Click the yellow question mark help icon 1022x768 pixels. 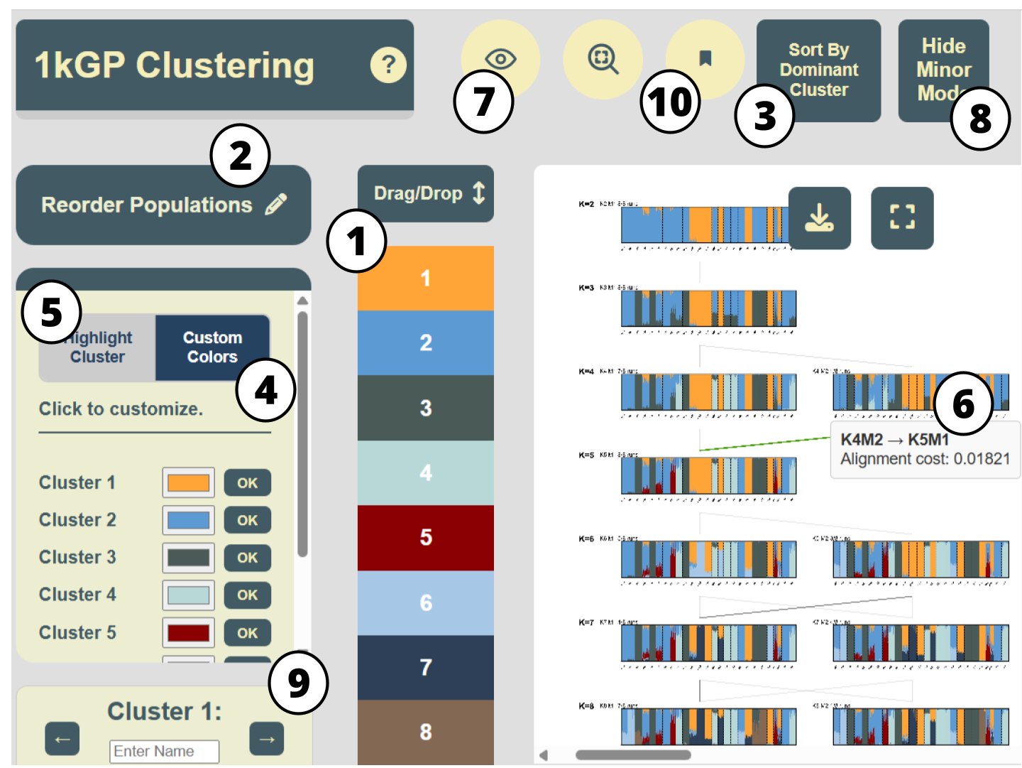coord(388,65)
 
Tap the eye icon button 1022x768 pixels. coord(500,58)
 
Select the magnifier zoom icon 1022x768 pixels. coord(603,59)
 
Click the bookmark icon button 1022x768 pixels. coord(705,58)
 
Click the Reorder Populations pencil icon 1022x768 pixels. coord(276,205)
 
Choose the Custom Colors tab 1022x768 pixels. coord(212,347)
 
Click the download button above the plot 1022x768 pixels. coord(819,218)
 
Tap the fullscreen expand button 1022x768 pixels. coord(902,218)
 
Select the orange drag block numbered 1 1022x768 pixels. coord(425,278)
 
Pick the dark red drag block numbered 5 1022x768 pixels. coord(425,537)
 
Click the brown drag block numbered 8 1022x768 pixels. coord(425,732)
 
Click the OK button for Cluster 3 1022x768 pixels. coord(247,558)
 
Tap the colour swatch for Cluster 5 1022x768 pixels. coord(188,632)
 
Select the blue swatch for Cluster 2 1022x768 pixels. coord(188,520)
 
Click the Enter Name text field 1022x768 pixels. coord(164,751)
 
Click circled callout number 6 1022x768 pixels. coord(963,404)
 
